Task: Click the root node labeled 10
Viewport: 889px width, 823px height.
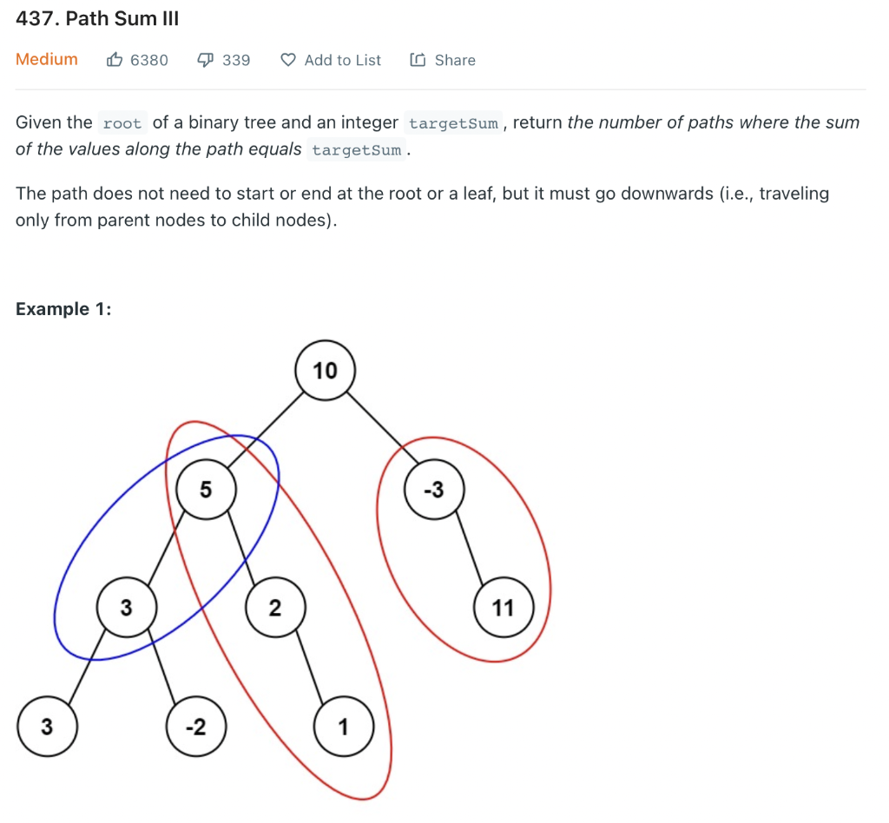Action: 325,372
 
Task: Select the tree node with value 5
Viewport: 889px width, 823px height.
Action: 205,490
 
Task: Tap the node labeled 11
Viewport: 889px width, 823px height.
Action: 504,608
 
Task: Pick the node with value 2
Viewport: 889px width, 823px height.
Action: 274,608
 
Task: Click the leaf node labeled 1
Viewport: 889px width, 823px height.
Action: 343,727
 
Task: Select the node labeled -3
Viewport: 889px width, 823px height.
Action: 433,490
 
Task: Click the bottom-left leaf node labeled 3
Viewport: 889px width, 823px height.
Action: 47,727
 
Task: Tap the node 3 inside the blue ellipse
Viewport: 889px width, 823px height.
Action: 126,608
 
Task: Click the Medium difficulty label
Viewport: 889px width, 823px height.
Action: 47,60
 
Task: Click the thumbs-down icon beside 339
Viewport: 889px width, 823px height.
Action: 205,60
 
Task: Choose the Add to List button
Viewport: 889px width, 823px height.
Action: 332,60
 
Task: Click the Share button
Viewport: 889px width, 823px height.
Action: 444,60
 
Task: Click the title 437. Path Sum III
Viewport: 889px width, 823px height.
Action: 97,19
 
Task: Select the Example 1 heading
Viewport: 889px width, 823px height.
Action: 63,309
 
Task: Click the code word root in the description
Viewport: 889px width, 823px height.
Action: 122,123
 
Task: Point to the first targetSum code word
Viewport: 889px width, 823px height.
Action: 453,123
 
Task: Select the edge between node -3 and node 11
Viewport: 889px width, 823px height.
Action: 469,549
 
